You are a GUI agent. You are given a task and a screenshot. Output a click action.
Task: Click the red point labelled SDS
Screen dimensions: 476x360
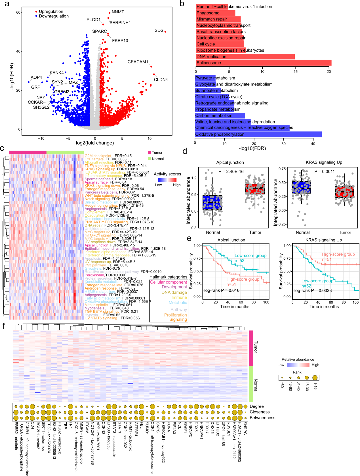165,32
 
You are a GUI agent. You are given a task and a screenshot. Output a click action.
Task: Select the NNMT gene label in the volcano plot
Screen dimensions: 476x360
118,12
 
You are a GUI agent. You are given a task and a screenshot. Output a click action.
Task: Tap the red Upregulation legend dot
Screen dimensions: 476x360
36,12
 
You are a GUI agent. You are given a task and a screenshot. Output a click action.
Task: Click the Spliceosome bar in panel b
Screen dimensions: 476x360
263,63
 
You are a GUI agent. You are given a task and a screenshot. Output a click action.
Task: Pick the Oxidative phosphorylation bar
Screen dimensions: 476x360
258,134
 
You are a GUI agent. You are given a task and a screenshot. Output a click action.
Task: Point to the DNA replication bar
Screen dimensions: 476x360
245,56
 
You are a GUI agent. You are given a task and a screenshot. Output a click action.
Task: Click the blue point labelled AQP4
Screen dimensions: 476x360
29,82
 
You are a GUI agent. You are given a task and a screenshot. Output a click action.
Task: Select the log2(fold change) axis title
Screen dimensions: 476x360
95,143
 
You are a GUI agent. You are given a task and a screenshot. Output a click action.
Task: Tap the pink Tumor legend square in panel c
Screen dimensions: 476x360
150,153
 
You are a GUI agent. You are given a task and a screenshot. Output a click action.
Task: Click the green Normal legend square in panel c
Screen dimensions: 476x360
150,159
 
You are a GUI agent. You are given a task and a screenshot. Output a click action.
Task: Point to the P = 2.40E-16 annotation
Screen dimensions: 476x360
231,171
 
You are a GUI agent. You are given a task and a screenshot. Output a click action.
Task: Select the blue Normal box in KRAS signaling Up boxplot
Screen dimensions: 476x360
301,187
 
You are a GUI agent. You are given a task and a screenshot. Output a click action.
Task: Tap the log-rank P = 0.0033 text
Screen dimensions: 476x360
313,290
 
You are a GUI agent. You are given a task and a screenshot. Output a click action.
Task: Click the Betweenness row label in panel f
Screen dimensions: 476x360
262,418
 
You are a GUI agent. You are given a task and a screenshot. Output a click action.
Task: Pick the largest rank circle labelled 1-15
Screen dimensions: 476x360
315,378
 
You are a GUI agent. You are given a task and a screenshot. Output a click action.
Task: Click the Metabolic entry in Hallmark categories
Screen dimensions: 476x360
178,303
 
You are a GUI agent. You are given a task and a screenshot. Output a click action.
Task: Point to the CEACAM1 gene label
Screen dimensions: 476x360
138,62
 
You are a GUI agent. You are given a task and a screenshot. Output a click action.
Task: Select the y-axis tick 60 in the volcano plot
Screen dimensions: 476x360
18,12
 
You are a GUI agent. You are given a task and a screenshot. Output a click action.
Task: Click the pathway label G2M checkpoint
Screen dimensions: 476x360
98,156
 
